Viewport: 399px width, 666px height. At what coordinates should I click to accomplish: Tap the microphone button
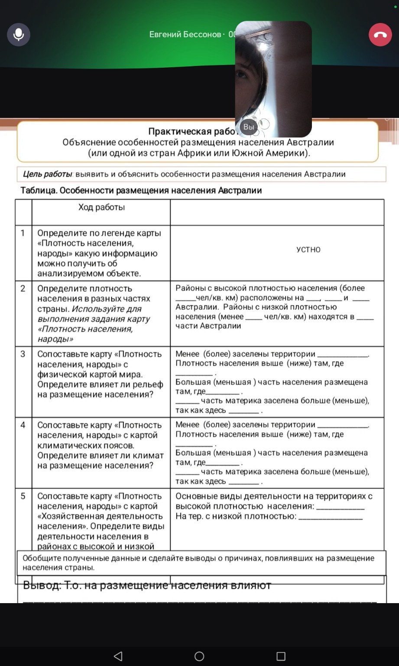(x=19, y=34)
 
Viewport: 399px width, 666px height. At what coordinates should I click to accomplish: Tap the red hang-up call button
(x=380, y=35)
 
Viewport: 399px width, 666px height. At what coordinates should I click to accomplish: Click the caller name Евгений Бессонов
(x=185, y=34)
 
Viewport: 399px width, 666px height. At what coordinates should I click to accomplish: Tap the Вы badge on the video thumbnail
(x=249, y=127)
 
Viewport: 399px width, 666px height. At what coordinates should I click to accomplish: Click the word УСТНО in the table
(x=308, y=250)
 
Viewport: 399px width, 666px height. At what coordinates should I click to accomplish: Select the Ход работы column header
(x=101, y=207)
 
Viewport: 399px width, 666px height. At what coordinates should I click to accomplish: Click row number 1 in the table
(x=23, y=233)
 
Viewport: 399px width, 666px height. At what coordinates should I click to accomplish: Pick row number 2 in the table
(x=23, y=288)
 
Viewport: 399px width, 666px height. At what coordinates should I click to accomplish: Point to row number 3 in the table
(x=23, y=354)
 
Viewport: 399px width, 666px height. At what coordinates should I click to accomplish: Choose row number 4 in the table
(x=23, y=425)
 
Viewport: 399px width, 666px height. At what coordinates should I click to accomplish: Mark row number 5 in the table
(x=23, y=496)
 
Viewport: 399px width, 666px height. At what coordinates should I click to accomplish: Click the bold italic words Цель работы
(x=47, y=174)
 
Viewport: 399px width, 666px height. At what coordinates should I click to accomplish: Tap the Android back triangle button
(x=118, y=656)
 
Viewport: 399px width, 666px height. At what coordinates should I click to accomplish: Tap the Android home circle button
(x=199, y=656)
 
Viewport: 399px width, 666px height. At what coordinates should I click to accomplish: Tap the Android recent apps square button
(x=281, y=656)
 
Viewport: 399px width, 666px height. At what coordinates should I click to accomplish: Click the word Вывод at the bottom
(x=42, y=585)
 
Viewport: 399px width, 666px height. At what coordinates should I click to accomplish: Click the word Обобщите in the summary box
(x=41, y=558)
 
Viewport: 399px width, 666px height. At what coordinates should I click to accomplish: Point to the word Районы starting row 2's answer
(x=189, y=288)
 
